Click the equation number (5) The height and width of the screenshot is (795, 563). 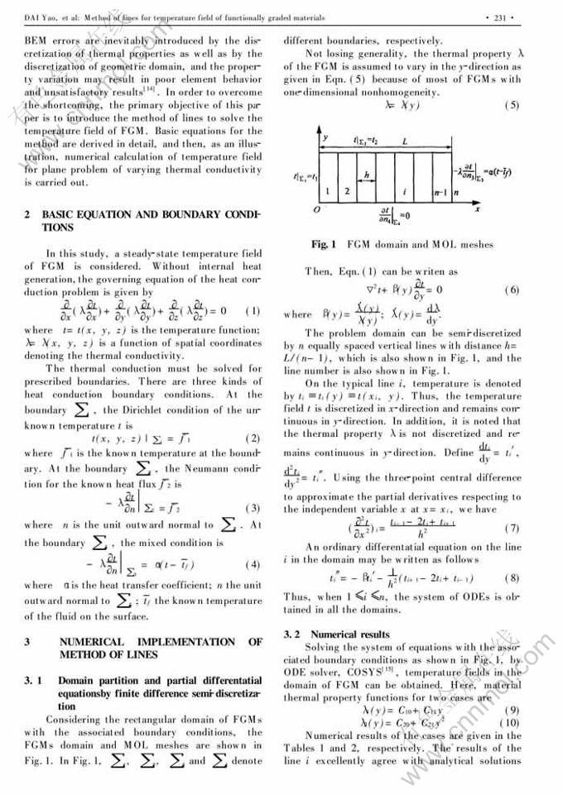(x=512, y=105)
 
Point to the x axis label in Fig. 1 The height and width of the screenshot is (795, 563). (x=499, y=209)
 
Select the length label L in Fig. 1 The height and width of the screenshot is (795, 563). (x=404, y=141)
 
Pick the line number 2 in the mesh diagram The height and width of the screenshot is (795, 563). (x=347, y=192)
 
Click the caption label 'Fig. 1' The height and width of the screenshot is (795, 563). (x=324, y=244)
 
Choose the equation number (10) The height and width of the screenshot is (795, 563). (x=510, y=722)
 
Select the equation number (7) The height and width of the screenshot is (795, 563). (x=512, y=527)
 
